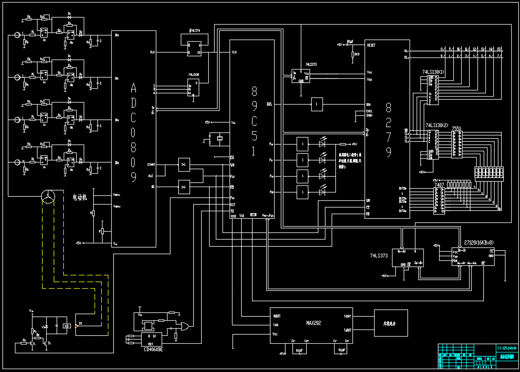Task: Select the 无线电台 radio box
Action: click(x=390, y=323)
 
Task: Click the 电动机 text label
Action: click(x=80, y=198)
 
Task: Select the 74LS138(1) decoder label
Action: click(x=433, y=72)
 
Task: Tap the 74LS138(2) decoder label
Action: click(x=437, y=125)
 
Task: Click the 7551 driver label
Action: click(x=457, y=129)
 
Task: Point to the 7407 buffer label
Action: click(x=439, y=185)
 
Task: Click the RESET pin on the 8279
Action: click(x=371, y=45)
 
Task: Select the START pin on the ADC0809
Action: click(x=151, y=165)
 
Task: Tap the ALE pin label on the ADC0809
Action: click(x=150, y=176)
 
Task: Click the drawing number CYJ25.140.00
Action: click(x=507, y=348)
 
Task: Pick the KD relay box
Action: click(x=66, y=326)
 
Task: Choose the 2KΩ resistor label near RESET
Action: click(x=357, y=54)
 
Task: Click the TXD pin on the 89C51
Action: click(x=242, y=215)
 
